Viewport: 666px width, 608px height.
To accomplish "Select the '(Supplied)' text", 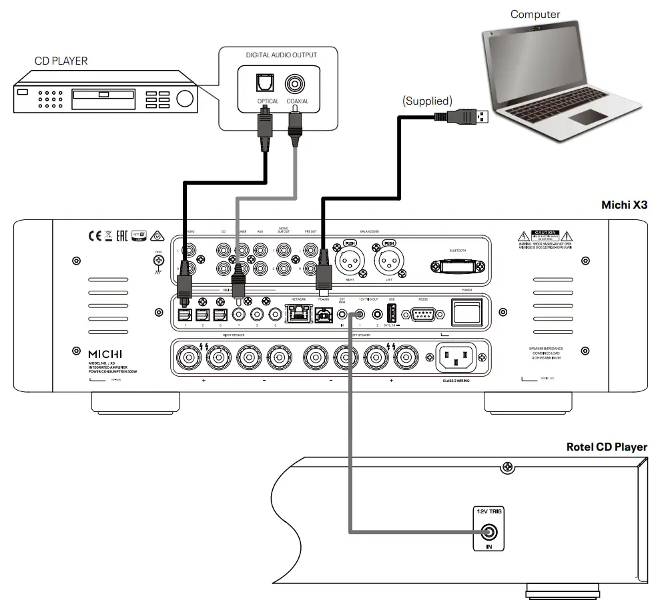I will coord(427,101).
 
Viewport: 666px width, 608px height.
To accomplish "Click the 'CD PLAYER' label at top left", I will coord(61,61).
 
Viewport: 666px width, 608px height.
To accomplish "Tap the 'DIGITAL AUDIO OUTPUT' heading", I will coord(276,55).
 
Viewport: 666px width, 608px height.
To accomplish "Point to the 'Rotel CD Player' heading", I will coord(606,447).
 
